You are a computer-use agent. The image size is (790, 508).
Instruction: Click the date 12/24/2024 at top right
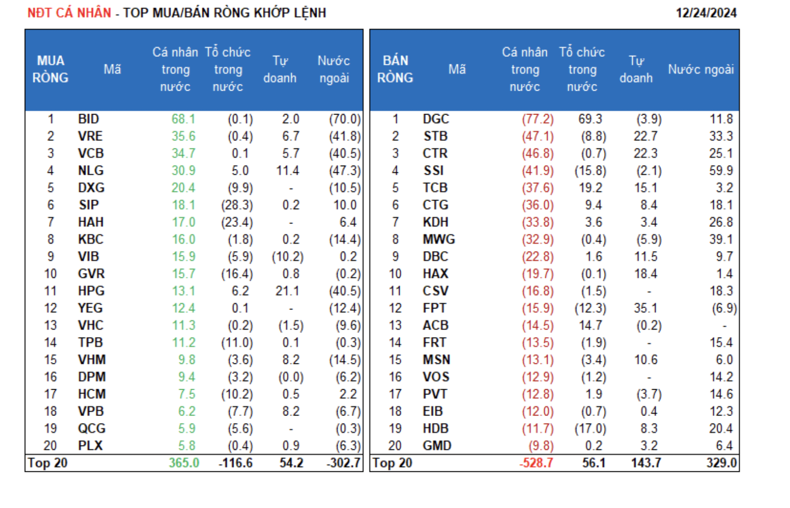(706, 13)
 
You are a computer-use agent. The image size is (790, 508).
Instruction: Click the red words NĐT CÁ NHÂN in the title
(69, 13)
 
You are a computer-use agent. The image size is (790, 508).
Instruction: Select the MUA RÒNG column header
(50, 69)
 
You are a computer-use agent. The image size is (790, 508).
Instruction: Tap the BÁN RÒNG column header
(395, 69)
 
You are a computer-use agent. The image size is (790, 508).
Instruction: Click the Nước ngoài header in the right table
(701, 69)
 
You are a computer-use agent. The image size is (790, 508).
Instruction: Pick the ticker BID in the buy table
(88, 119)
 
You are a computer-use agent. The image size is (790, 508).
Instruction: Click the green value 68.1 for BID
(183, 119)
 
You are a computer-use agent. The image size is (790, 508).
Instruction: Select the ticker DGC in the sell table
(435, 119)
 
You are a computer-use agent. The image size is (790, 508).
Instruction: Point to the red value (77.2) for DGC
(538, 119)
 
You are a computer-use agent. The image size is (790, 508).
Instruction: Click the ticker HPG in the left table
(91, 291)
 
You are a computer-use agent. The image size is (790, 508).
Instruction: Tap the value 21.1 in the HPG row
(287, 291)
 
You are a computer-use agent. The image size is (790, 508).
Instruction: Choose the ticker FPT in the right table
(434, 308)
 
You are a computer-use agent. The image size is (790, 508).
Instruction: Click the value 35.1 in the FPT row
(645, 308)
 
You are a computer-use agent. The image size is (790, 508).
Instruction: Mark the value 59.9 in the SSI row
(721, 171)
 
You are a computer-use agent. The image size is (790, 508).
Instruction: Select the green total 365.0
(184, 463)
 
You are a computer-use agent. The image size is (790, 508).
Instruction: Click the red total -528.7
(536, 463)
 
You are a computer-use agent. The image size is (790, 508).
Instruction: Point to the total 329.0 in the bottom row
(721, 463)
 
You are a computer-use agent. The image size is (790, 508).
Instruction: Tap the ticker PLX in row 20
(90, 446)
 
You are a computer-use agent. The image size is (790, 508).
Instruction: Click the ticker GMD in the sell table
(437, 446)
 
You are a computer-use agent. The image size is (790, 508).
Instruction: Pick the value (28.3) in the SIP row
(237, 205)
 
